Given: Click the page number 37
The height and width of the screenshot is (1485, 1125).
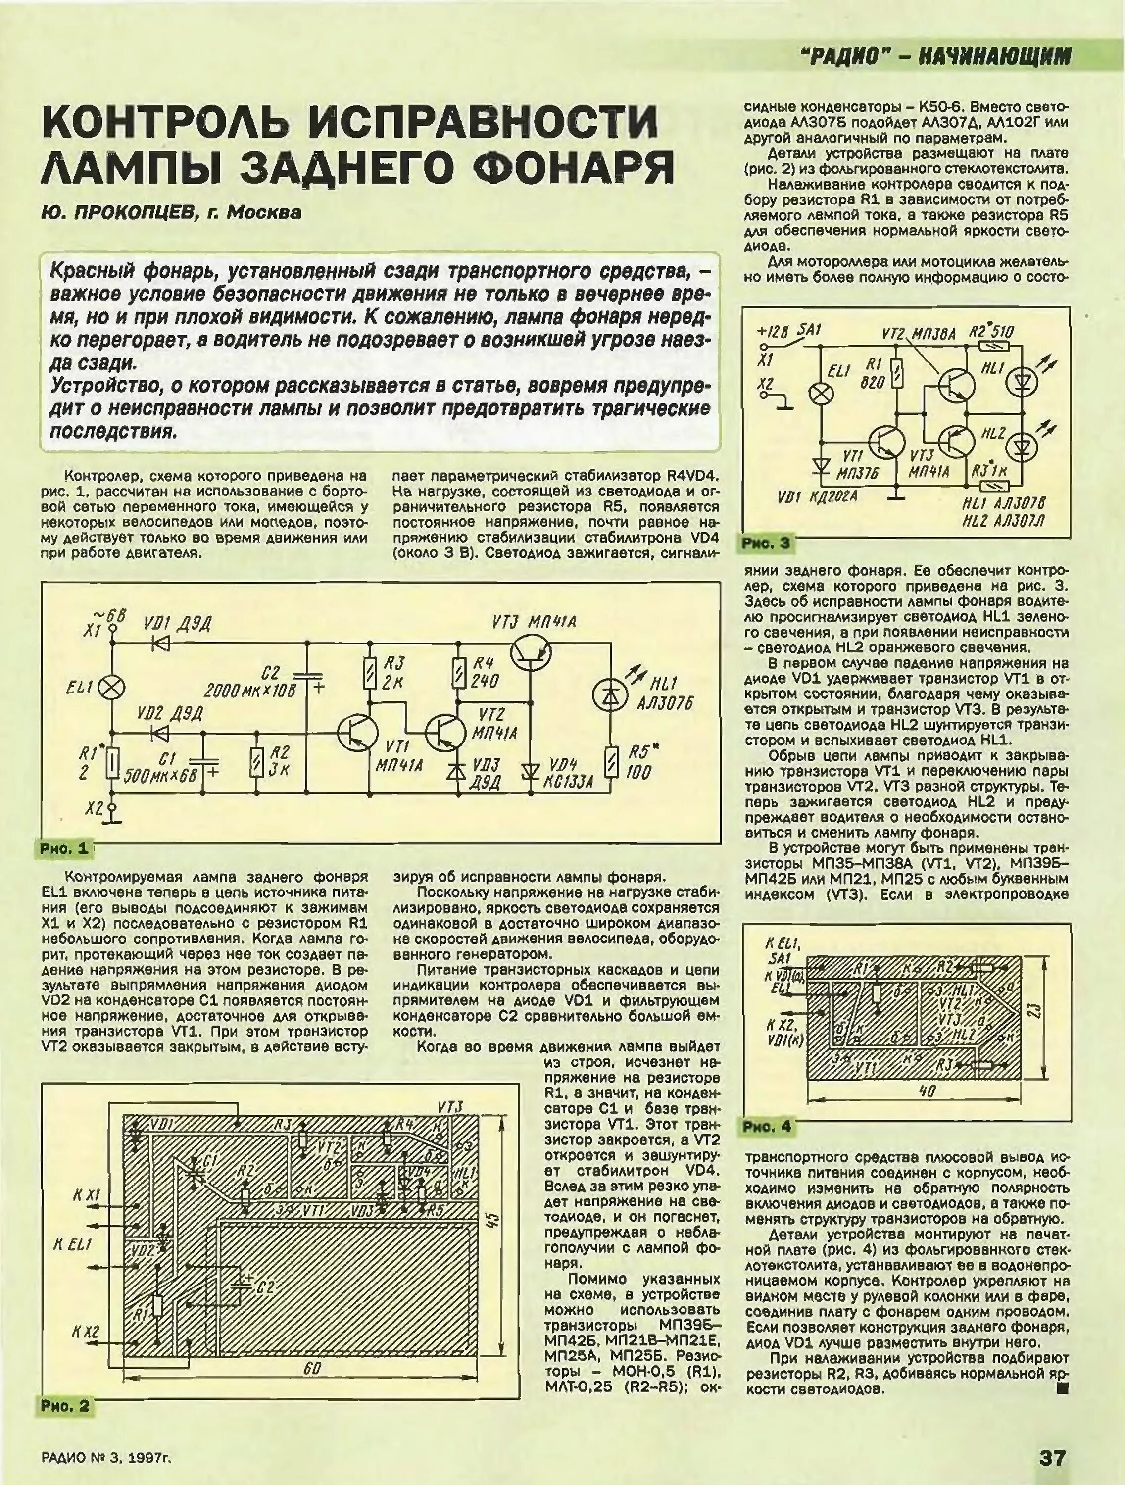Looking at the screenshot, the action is [x=1052, y=1457].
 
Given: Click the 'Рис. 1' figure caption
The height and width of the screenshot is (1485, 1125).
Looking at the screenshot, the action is [x=64, y=848].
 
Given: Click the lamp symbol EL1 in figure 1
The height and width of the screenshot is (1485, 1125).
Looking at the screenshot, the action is [x=111, y=686].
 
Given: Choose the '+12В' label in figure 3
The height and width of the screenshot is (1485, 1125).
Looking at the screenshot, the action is [x=773, y=332].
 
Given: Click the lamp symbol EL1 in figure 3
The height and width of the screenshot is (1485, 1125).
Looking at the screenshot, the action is [x=820, y=394].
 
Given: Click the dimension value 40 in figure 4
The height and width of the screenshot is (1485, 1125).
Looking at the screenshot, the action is [x=927, y=1091].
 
